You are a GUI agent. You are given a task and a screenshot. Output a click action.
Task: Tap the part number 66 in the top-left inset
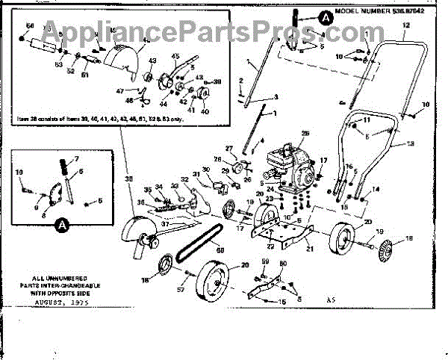coord(30,26)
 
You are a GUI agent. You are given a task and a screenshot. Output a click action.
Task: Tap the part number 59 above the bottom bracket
coord(265,261)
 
